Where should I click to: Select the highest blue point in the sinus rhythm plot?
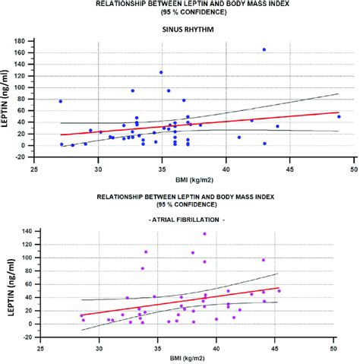pos(264,49)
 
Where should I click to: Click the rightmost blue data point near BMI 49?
pos(339,117)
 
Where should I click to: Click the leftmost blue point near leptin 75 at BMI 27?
pos(61,101)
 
